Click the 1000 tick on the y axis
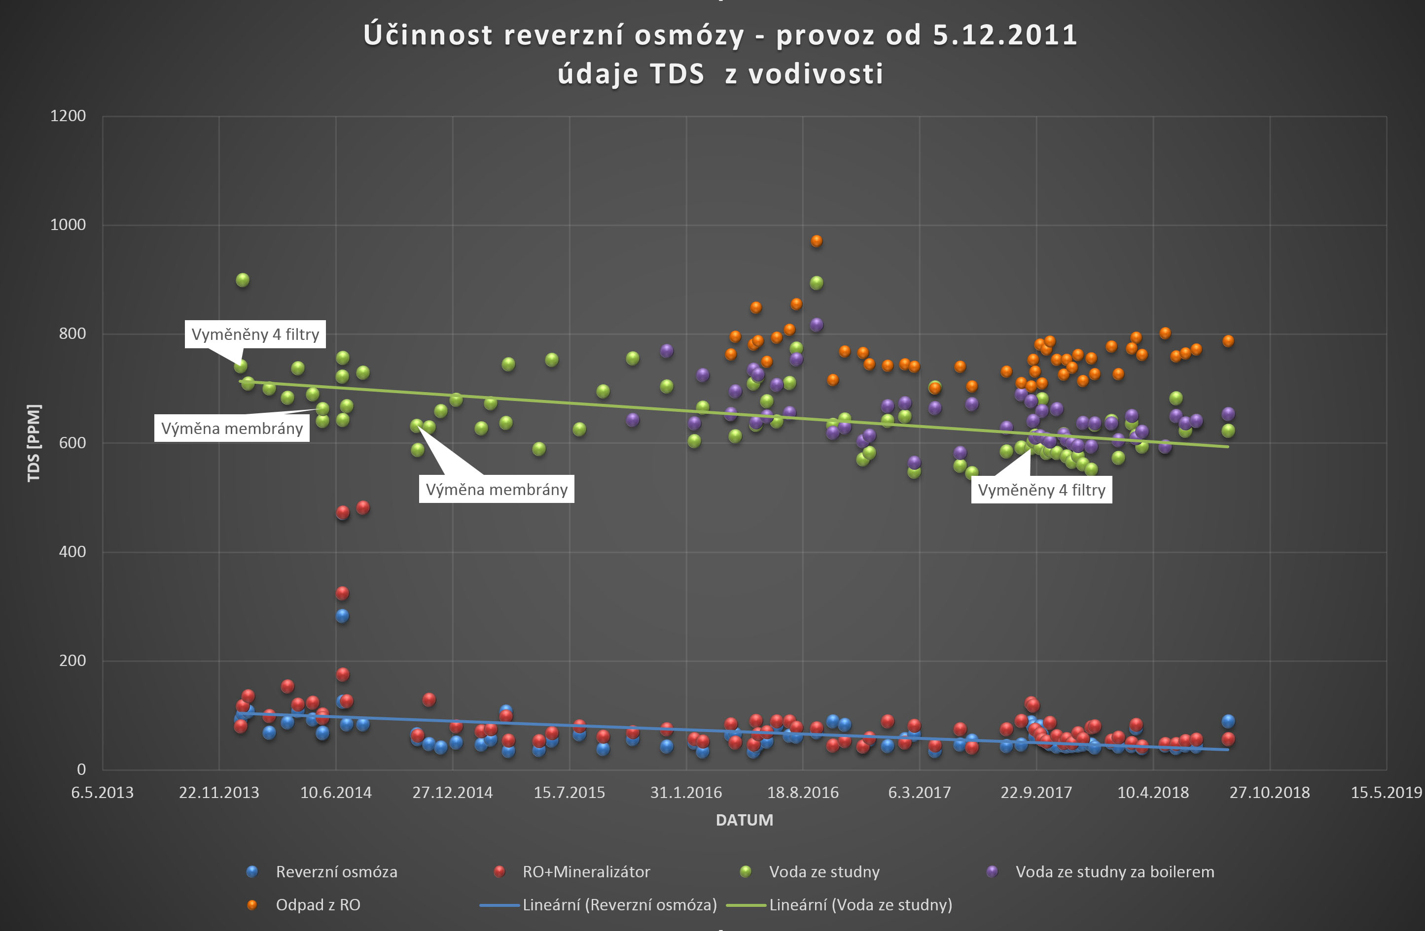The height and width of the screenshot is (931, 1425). pyautogui.click(x=68, y=225)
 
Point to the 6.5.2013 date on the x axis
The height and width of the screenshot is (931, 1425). pyautogui.click(x=103, y=793)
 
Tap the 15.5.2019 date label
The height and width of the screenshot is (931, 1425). pyautogui.click(x=1386, y=793)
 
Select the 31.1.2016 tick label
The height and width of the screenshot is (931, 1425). pyautogui.click(x=686, y=793)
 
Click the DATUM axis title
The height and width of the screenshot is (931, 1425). pyautogui.click(x=744, y=820)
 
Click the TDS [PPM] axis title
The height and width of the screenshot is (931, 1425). pyautogui.click(x=34, y=443)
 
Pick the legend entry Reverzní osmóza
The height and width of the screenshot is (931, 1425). pyautogui.click(x=336, y=872)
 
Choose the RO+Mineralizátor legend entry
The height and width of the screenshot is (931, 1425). pyautogui.click(x=586, y=872)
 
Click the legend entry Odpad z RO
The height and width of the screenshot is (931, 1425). pyautogui.click(x=318, y=905)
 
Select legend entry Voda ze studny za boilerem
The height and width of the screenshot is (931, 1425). pyautogui.click(x=1114, y=872)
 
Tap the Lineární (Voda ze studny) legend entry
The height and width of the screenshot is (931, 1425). pyautogui.click(x=860, y=905)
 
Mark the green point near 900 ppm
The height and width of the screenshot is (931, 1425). pyautogui.click(x=243, y=280)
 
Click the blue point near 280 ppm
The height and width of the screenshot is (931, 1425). pyautogui.click(x=342, y=616)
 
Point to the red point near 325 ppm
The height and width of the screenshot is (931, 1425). pyautogui.click(x=342, y=593)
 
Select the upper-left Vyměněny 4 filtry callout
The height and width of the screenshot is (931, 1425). pyautogui.click(x=255, y=334)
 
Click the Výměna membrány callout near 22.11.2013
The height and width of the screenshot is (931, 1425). pyautogui.click(x=232, y=429)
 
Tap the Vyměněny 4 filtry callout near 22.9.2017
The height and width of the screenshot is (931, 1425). pyautogui.click(x=1041, y=490)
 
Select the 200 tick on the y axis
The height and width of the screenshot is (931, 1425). pyautogui.click(x=72, y=661)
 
